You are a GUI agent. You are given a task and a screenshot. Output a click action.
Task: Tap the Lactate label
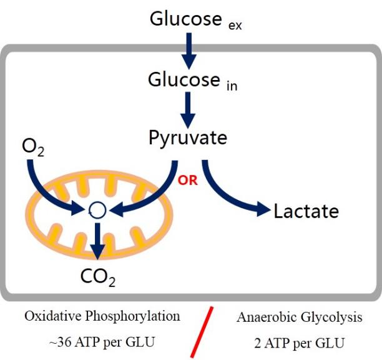coord(306,211)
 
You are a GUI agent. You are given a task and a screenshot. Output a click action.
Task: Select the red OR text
coord(188,181)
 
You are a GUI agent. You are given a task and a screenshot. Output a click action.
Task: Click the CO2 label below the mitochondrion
coord(98,277)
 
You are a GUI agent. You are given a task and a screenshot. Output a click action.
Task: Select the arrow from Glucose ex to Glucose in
coord(189,51)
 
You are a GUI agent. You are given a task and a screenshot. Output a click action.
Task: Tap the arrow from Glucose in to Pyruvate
coord(188,110)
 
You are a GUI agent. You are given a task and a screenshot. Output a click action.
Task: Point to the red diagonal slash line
coord(202,332)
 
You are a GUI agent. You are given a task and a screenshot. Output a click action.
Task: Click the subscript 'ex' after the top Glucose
coord(235,26)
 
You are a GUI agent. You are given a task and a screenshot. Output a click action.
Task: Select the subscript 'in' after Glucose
coord(232,86)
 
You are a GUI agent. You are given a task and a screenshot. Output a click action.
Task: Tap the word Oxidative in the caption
coord(53,316)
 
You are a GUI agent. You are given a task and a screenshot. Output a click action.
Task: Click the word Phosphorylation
coord(132,317)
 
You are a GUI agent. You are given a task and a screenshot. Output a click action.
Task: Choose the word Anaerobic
coord(267,317)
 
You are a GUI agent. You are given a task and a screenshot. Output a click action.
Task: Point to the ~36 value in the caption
coord(60,342)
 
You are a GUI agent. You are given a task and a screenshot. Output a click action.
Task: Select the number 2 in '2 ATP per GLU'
coord(258,343)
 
